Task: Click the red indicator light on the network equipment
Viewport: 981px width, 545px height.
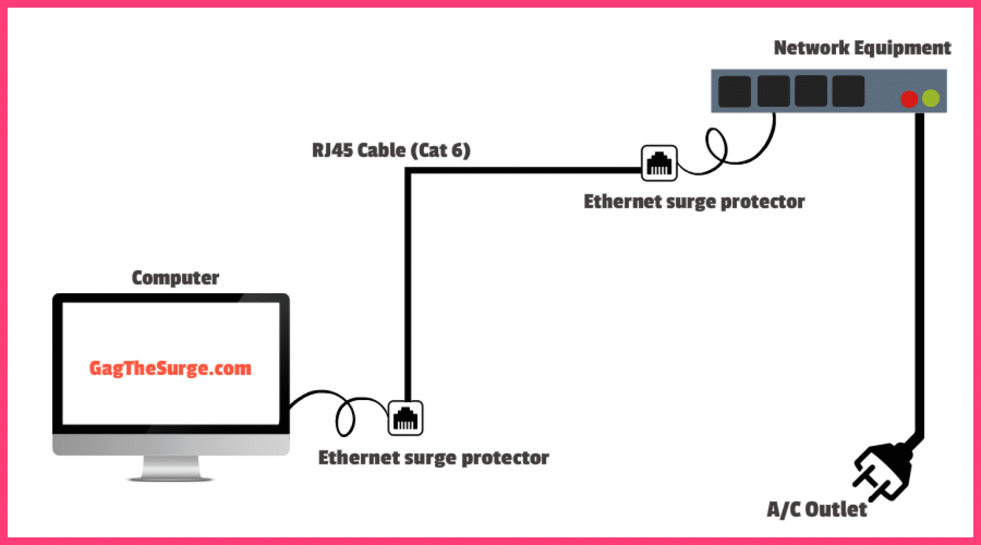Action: click(909, 99)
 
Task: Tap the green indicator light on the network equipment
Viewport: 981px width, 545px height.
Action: click(931, 98)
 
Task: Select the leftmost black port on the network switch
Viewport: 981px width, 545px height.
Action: click(734, 91)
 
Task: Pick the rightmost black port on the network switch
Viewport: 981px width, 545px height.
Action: click(848, 91)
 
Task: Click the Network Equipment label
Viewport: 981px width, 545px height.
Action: click(862, 48)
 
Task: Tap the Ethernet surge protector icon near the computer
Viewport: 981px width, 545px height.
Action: click(406, 418)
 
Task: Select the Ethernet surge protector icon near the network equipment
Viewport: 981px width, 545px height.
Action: click(659, 163)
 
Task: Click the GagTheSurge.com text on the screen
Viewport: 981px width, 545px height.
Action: click(170, 369)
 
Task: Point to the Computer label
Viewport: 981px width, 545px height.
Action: click(175, 278)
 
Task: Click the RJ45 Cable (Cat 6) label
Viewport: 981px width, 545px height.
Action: click(391, 150)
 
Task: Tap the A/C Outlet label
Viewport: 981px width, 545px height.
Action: click(817, 509)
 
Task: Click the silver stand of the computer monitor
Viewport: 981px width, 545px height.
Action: click(171, 468)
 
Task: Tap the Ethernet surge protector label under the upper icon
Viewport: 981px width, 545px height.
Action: click(694, 202)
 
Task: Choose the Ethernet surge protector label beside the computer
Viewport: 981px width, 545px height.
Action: click(433, 458)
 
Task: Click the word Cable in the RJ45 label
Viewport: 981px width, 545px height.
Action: click(381, 150)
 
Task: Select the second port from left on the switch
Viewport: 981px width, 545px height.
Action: click(773, 91)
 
